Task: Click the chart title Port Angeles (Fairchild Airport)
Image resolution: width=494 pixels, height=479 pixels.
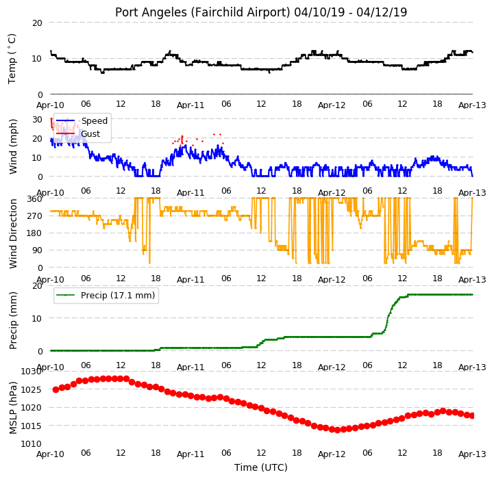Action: click(202, 12)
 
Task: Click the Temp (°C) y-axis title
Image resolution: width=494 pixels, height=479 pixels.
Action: click(12, 59)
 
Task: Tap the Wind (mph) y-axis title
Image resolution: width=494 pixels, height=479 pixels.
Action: click(12, 146)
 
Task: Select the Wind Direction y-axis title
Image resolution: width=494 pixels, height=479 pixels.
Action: click(12, 233)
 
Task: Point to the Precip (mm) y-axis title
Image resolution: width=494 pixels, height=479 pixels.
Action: click(12, 320)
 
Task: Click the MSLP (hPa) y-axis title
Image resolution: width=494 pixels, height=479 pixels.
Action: click(12, 408)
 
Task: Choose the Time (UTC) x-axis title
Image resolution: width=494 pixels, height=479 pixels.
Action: click(261, 467)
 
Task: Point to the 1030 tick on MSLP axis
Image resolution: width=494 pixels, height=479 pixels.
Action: click(32, 372)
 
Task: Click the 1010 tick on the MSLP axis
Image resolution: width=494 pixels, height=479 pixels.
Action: click(32, 443)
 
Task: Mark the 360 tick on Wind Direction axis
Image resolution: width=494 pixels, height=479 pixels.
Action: click(35, 199)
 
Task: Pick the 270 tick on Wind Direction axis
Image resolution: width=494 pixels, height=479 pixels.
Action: click(35, 216)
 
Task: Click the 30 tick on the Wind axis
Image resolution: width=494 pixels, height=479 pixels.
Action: click(37, 120)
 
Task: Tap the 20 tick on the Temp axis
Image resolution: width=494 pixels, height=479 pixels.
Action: click(37, 23)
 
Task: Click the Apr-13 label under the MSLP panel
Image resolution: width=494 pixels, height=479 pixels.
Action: click(472, 454)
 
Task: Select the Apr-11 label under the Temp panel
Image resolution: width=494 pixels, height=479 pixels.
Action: click(190, 105)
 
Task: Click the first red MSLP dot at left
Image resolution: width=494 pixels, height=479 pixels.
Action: click(55, 389)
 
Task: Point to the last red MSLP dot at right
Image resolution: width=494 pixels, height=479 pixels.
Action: click(472, 416)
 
